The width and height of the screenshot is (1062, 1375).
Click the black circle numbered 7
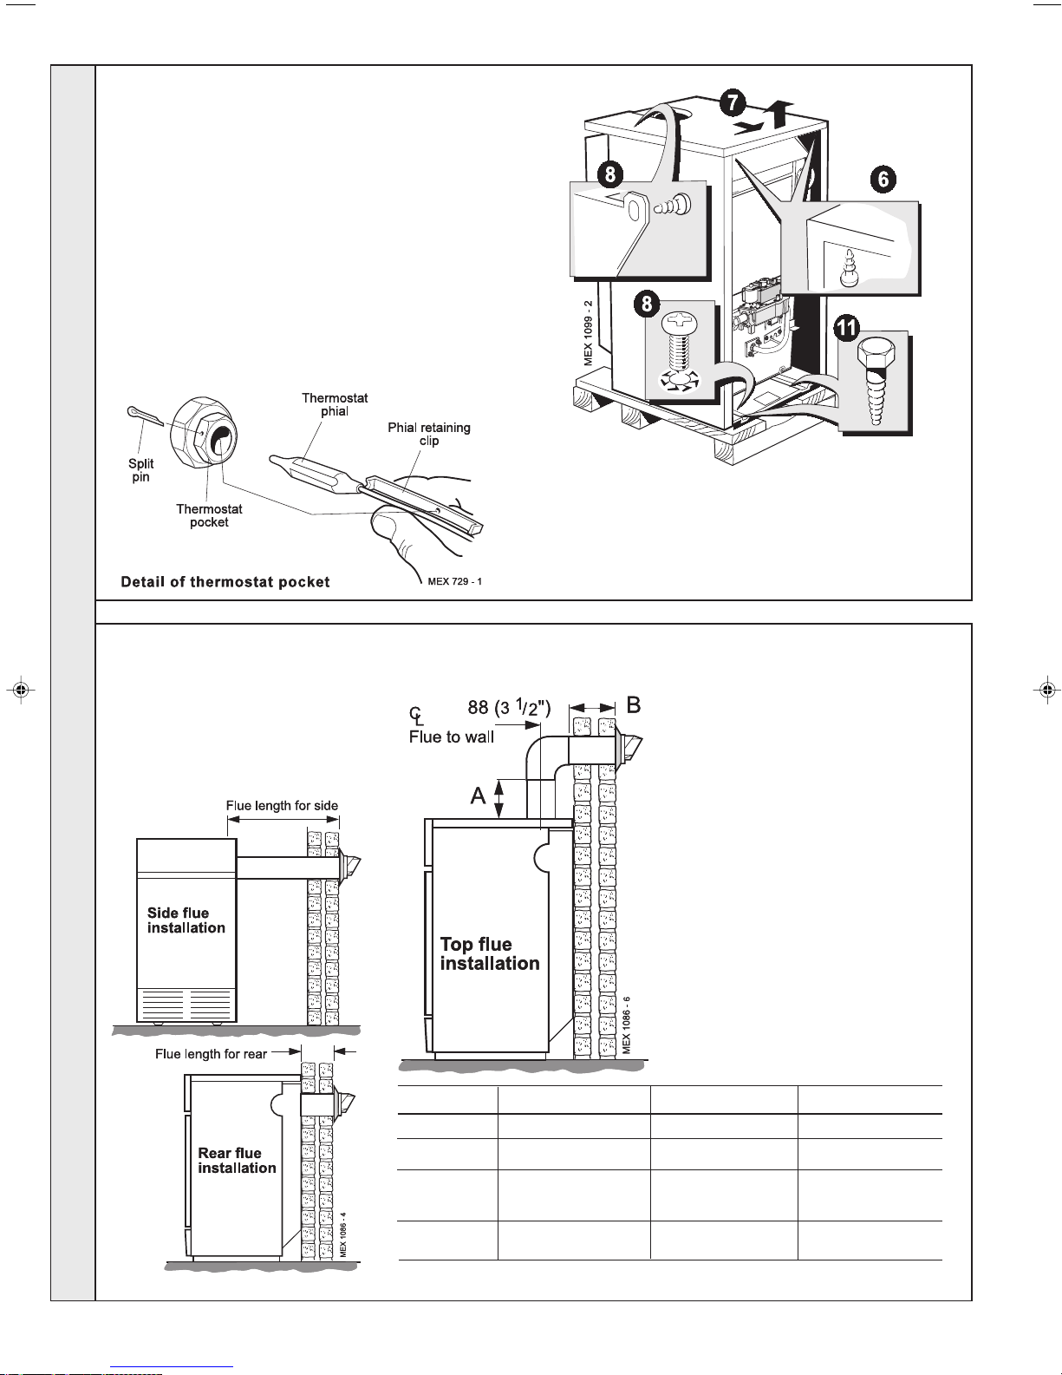point(733,102)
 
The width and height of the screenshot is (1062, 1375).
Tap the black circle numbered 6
point(883,179)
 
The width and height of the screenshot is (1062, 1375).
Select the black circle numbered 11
point(847,327)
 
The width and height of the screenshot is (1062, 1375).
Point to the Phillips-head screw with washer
point(679,352)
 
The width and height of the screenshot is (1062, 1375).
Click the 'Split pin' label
point(141,470)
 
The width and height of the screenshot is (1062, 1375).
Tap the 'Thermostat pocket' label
point(209,515)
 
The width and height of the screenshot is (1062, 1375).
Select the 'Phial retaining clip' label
point(429,434)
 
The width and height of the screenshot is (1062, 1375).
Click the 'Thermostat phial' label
point(335,404)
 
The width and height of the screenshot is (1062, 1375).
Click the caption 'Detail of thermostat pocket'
point(225,582)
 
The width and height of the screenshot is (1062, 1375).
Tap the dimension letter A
point(478,796)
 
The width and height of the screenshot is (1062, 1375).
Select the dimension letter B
point(634,705)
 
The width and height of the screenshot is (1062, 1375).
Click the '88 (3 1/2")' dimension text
point(510,707)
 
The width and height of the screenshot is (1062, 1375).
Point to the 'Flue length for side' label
point(282,806)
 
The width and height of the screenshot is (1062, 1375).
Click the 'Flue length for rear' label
point(212,1054)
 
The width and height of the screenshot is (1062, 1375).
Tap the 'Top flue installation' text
point(490,953)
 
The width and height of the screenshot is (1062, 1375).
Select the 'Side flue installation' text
point(186,920)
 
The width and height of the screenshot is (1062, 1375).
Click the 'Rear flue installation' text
point(237,1161)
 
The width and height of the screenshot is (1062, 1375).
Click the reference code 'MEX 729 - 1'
point(454,581)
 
